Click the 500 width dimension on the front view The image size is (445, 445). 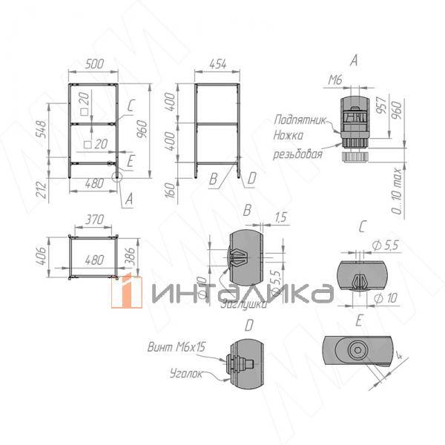click(93, 65)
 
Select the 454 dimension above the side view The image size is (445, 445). click(217, 65)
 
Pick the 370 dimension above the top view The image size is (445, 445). click(93, 220)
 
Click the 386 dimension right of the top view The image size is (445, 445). click(130, 256)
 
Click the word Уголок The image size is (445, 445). click(185, 374)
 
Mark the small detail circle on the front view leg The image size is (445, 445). click(116, 177)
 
